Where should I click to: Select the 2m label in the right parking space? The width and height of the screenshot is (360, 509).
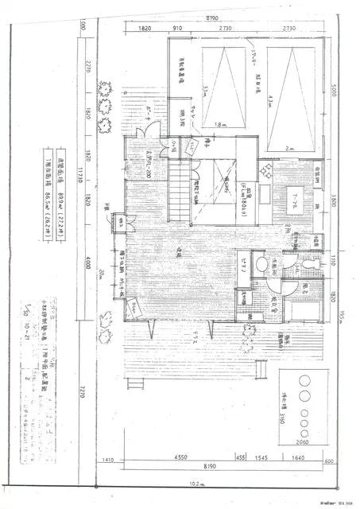pyautogui.click(x=287, y=148)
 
